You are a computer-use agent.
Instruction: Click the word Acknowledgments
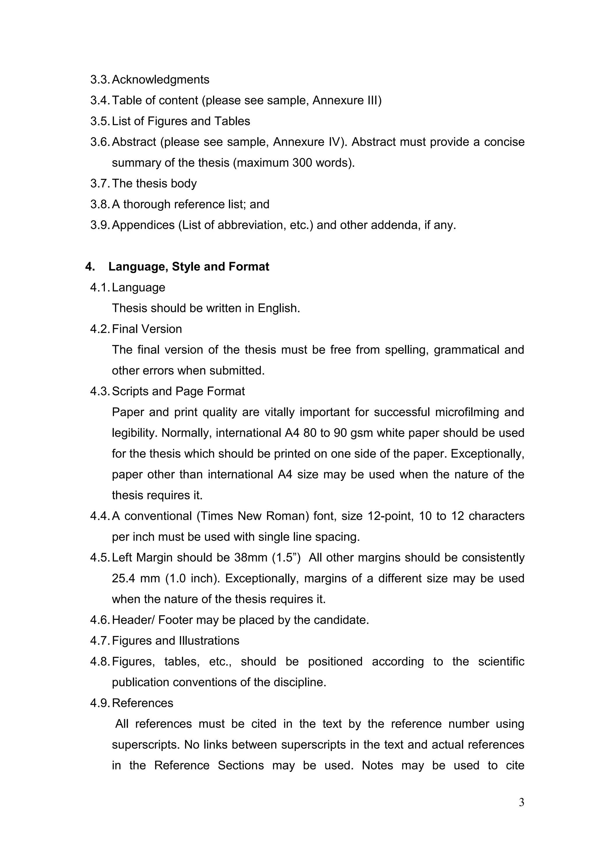[160, 79]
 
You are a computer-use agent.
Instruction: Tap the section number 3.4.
[100, 100]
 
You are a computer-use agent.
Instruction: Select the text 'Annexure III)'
[347, 100]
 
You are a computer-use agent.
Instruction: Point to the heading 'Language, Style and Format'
[189, 266]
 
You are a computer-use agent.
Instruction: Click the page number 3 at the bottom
[521, 802]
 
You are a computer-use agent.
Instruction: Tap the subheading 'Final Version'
[147, 329]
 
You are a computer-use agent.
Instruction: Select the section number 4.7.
[100, 641]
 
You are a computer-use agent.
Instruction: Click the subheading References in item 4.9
[142, 703]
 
